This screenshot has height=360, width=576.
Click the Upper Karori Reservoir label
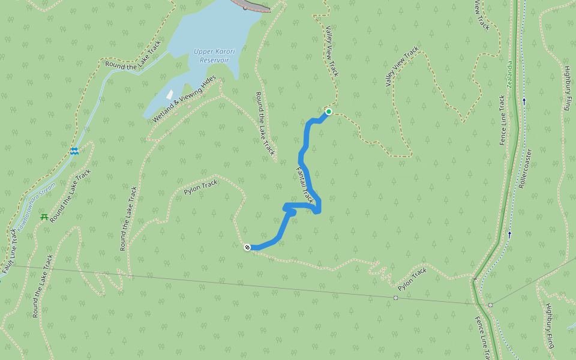(214, 56)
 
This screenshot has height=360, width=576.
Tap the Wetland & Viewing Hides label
(184, 100)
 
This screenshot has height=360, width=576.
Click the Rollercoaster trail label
(526, 170)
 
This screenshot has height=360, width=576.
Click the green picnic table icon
(44, 217)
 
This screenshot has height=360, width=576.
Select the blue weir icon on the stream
(74, 151)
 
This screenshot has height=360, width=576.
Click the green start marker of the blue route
(329, 112)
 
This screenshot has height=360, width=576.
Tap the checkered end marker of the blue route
(247, 247)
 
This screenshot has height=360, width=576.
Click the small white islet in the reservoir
(170, 95)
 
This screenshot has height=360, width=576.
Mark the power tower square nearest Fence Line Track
(490, 305)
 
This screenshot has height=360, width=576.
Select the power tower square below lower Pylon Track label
(395, 298)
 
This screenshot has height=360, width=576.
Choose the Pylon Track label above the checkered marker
(201, 188)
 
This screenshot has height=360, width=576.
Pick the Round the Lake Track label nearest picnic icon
(71, 196)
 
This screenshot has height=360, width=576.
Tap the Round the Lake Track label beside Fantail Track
(264, 124)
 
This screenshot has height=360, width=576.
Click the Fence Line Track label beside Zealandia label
(503, 120)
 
